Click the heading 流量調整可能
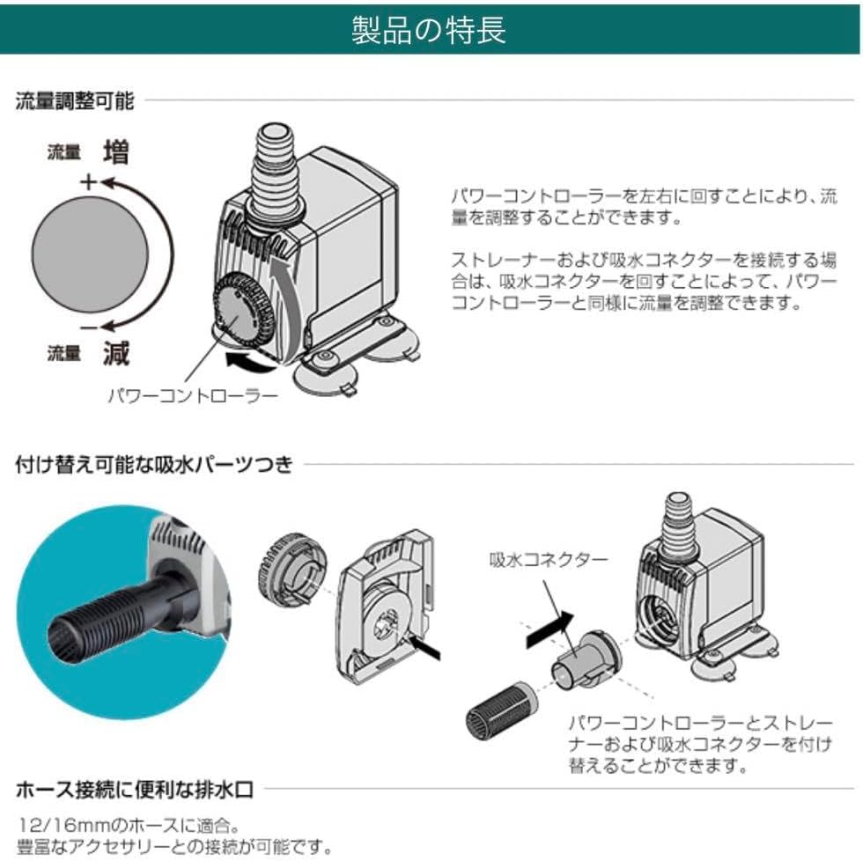[x=75, y=100]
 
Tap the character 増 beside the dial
[x=115, y=152]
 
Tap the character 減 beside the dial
[x=115, y=354]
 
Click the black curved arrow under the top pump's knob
[x=249, y=360]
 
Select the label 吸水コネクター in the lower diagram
[x=548, y=559]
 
